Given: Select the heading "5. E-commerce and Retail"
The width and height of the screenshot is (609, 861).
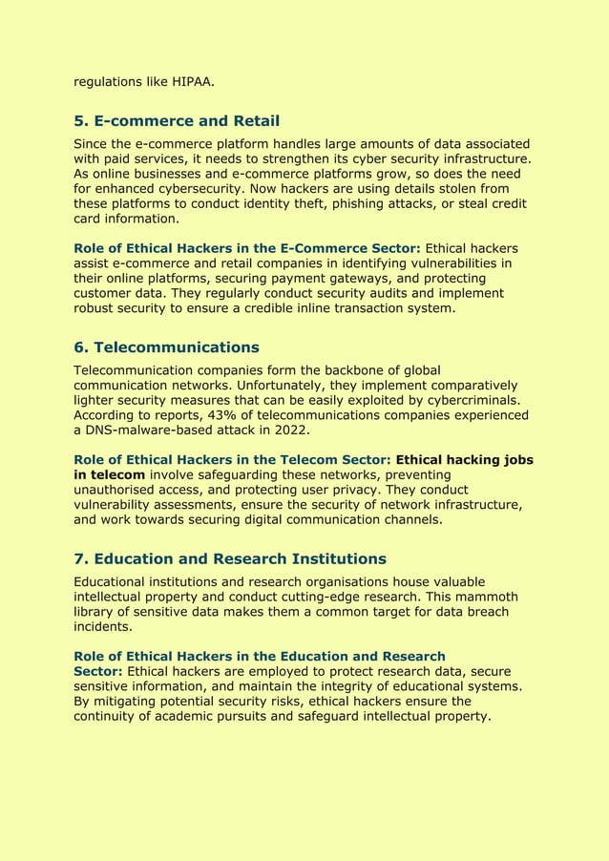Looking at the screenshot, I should click(177, 121).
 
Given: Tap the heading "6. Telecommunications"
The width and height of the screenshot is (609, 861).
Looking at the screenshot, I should click(166, 346).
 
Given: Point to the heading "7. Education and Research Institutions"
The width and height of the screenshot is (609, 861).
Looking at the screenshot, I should click(230, 558).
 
